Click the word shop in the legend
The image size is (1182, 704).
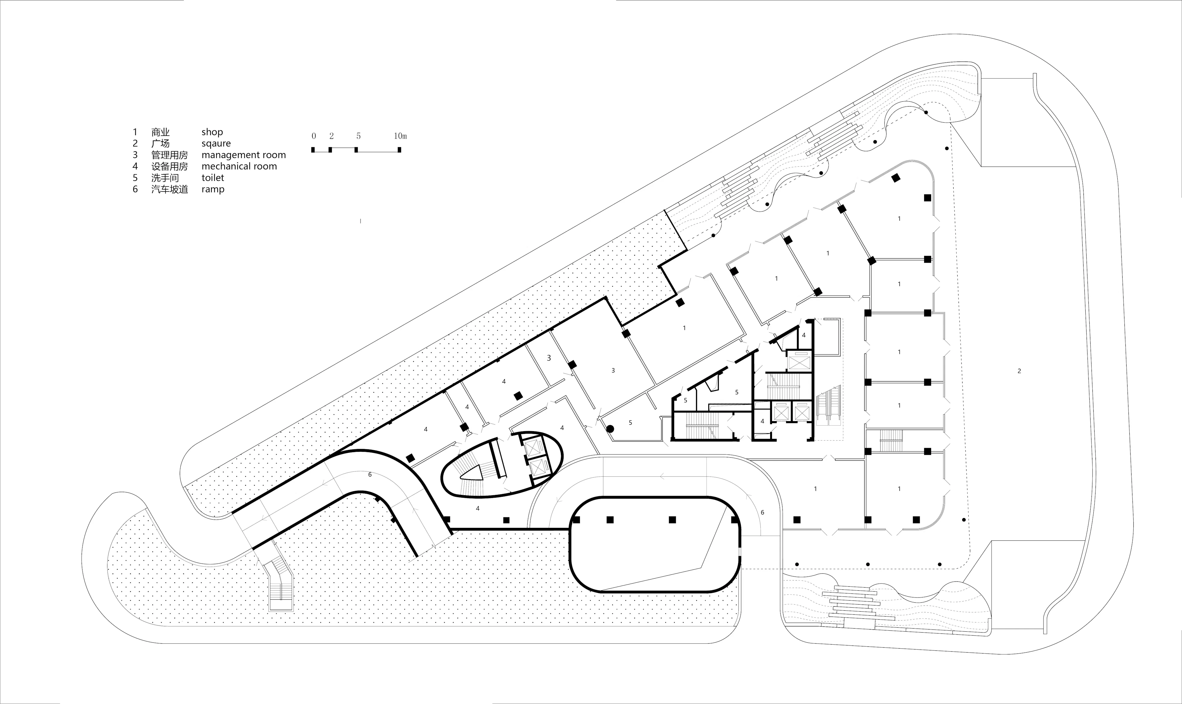pyautogui.click(x=212, y=132)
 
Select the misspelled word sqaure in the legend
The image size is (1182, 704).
pyautogui.click(x=216, y=143)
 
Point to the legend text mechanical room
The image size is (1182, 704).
pyautogui.click(x=239, y=166)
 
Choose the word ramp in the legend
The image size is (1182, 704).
pyautogui.click(x=213, y=189)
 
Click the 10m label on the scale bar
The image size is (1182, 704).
pyautogui.click(x=400, y=136)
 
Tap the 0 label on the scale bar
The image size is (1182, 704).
pyautogui.click(x=313, y=136)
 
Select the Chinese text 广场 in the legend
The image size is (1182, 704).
pyautogui.click(x=160, y=143)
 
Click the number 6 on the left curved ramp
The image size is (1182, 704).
pyautogui.click(x=370, y=474)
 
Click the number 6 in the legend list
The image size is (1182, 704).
pyautogui.click(x=135, y=189)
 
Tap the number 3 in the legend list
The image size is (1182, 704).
pyautogui.click(x=135, y=155)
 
